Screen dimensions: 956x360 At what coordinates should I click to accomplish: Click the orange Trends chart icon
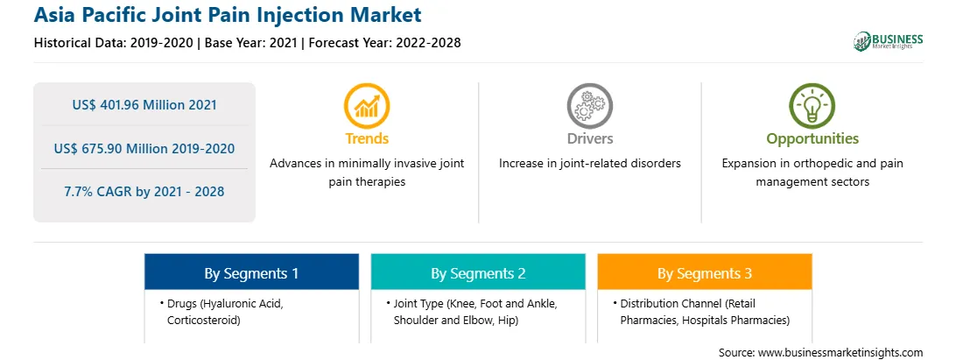point(367,106)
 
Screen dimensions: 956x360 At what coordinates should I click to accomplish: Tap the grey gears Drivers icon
point(589,106)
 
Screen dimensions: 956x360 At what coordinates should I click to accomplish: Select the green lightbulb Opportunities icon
point(812,106)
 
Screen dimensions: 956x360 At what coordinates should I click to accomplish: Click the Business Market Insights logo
point(889,41)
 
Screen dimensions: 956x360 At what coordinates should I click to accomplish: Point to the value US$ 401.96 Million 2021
point(144,104)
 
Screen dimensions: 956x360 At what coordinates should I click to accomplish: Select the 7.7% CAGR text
point(101,191)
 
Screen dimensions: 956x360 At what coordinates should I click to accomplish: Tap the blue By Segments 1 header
point(251,273)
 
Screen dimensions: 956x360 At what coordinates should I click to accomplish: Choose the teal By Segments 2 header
point(478,273)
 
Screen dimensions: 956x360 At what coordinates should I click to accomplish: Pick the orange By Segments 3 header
point(704,273)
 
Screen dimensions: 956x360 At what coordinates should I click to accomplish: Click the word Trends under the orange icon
point(367,138)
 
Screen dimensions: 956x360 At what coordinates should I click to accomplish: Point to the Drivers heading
point(589,138)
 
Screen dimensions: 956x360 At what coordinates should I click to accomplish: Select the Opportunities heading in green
point(812,138)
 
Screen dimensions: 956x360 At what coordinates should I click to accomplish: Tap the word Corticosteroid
point(204,320)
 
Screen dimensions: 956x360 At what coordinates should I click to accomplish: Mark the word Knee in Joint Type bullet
point(461,303)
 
